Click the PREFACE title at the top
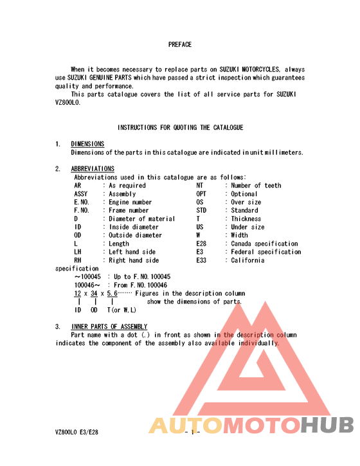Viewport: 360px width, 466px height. [x=180, y=45]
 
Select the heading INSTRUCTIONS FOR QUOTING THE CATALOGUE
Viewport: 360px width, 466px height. [x=180, y=128]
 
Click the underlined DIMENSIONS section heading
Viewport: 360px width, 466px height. [x=87, y=144]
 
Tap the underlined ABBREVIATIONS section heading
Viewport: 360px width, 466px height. [x=93, y=169]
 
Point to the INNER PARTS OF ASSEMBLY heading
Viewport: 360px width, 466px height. [x=109, y=327]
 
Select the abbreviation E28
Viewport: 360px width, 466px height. [x=202, y=244]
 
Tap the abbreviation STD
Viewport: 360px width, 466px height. [x=202, y=211]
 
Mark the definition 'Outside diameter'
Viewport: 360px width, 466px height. [x=136, y=235]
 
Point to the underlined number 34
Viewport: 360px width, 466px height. [x=94, y=294]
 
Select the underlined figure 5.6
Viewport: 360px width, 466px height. [x=112, y=294]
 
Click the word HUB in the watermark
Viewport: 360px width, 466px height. [x=328, y=425]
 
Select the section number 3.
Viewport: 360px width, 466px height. [x=58, y=327]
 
